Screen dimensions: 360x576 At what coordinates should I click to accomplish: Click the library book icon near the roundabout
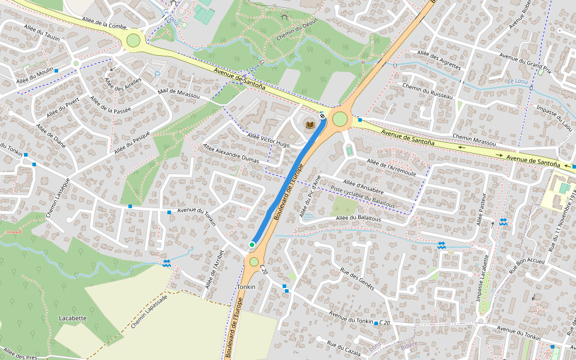click(x=310, y=124)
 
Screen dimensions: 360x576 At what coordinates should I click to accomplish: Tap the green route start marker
click(x=252, y=244)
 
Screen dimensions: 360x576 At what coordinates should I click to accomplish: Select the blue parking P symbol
click(x=157, y=75)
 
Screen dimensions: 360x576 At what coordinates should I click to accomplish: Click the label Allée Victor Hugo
click(x=268, y=140)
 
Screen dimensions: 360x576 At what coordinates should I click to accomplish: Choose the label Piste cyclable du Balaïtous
click(x=363, y=197)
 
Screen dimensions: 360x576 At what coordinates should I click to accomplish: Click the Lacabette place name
click(x=73, y=318)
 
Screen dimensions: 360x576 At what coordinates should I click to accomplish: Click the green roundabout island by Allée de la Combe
click(x=133, y=40)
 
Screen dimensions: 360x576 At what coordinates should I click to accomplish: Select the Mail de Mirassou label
click(x=178, y=94)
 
